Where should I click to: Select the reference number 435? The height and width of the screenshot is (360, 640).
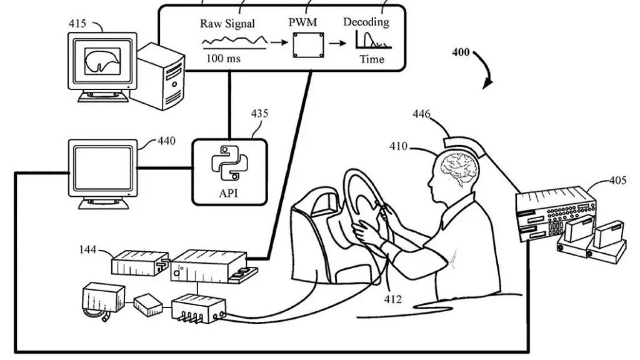(259, 114)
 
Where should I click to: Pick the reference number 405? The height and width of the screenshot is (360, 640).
(618, 182)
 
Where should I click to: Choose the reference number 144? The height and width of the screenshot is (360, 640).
(87, 250)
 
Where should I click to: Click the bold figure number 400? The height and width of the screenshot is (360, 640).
(461, 53)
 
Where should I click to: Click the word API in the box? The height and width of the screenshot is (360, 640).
(229, 193)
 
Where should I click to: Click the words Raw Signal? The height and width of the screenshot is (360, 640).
(227, 24)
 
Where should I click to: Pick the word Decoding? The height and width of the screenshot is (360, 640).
(366, 21)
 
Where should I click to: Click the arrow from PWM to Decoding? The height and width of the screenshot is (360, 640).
(337, 43)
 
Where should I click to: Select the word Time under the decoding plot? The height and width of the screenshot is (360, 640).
(371, 59)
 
